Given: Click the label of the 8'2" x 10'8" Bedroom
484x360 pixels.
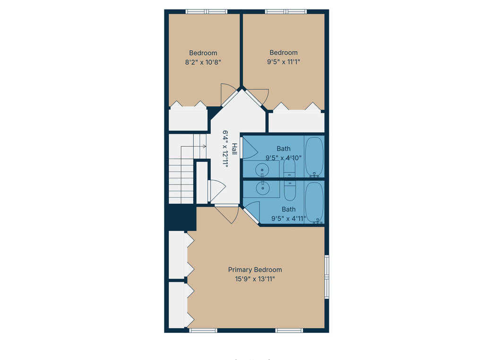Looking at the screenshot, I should coord(203,53).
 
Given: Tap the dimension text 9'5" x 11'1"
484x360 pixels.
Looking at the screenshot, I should coord(284,61).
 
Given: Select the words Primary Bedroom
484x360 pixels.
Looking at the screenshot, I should coord(255,270).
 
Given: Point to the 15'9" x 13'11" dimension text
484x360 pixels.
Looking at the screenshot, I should coord(255,279).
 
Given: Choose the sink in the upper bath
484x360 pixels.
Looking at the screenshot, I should coord(261,169).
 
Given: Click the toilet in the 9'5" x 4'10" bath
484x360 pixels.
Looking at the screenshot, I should coord(290,168).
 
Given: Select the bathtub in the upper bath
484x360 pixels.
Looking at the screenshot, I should coord(314,156).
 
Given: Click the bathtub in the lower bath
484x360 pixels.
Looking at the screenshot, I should coord(314,202).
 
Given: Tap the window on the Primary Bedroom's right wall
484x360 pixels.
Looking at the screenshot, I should coord(327,277).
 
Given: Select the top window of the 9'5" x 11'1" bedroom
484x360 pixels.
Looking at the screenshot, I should coord(285,12).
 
